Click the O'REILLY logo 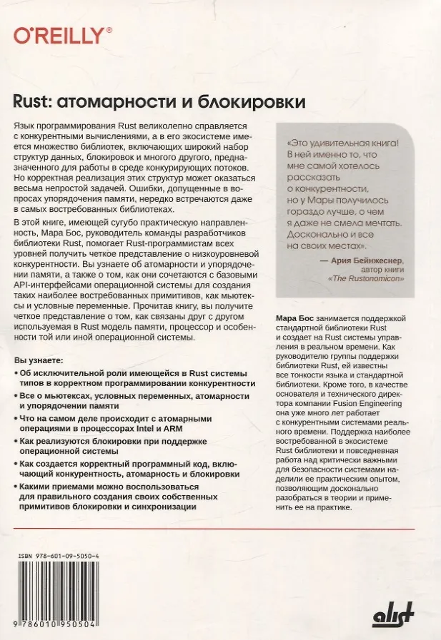point(64,36)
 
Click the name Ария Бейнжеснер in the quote point(365,262)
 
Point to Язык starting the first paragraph point(25,126)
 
